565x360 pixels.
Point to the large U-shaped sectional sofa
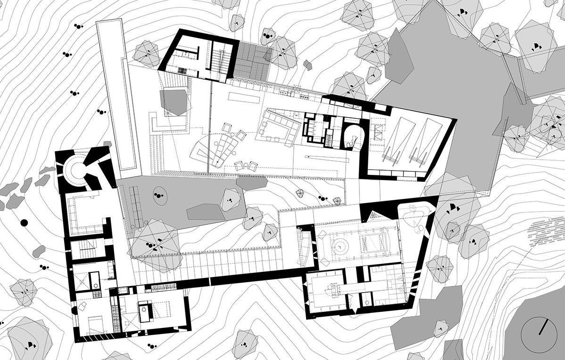279,125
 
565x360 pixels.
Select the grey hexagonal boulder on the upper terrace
173,102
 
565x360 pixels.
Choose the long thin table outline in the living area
245,97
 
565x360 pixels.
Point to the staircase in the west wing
86,248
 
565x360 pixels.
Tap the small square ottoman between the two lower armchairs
245,165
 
